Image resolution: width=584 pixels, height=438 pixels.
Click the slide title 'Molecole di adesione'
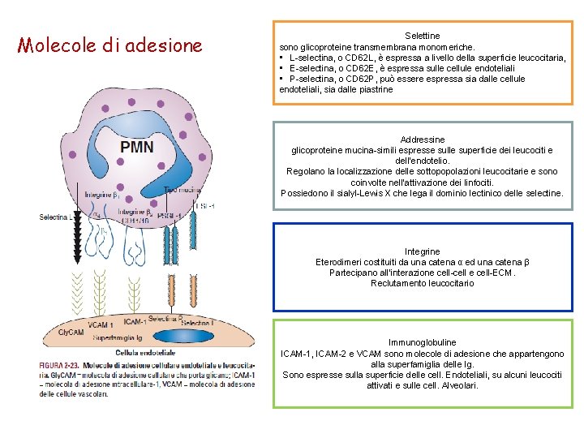pyautogui.click(x=109, y=45)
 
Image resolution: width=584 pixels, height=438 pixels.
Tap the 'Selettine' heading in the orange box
pyautogui.click(x=422, y=36)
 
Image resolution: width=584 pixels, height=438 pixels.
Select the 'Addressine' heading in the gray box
pyautogui.click(x=422, y=140)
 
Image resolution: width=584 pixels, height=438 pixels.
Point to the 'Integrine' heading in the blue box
pyautogui.click(x=422, y=251)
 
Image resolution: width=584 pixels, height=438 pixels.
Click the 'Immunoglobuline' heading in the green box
pyautogui.click(x=422, y=343)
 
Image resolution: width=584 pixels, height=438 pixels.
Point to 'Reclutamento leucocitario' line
pyautogui.click(x=422, y=283)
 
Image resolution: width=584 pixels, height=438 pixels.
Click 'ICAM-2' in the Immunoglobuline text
pyautogui.click(x=345, y=354)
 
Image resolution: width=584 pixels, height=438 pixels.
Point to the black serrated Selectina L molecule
pyautogui.click(x=78, y=239)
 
